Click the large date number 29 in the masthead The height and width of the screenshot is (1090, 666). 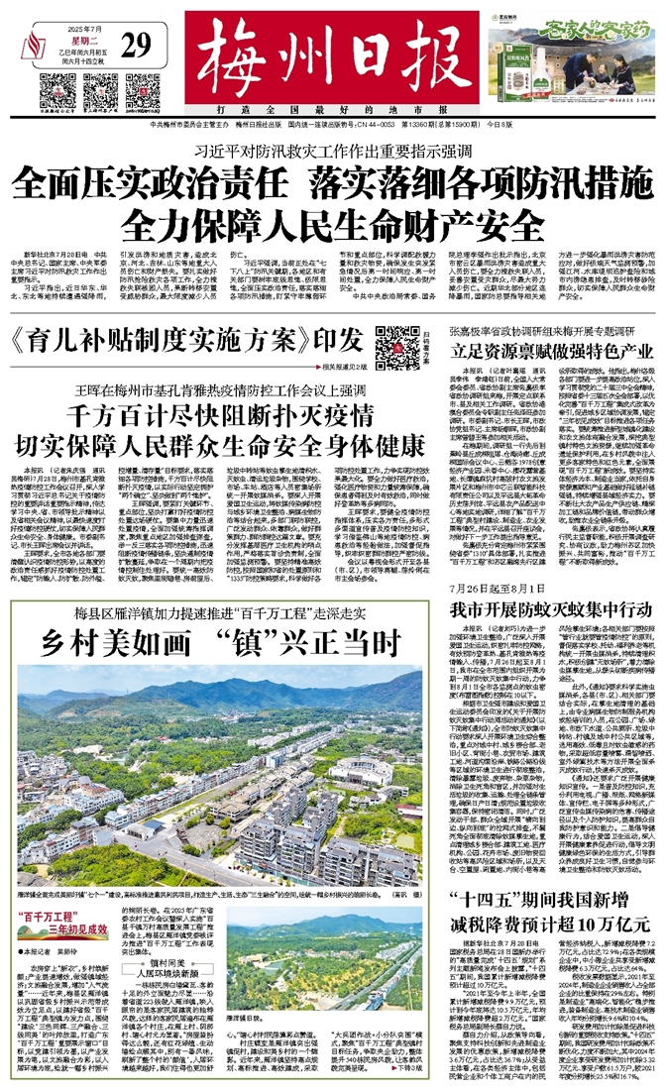coord(138,45)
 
